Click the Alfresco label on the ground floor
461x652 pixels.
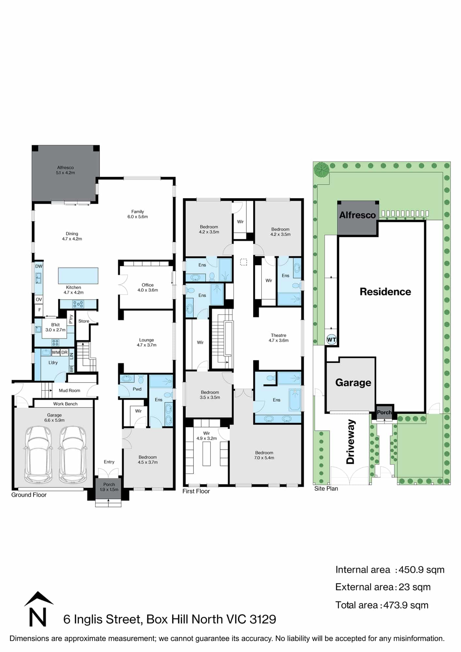(x=65, y=168)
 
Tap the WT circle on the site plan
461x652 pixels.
(x=331, y=340)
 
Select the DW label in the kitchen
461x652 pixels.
(x=39, y=266)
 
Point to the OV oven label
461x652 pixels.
(x=39, y=300)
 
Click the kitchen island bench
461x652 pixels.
(x=78, y=276)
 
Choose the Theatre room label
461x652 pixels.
(x=279, y=335)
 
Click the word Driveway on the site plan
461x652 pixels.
(x=350, y=442)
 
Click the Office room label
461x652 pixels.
(x=147, y=285)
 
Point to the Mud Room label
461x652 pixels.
(x=69, y=391)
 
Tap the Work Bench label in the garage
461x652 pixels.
(x=65, y=404)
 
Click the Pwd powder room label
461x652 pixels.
(x=137, y=389)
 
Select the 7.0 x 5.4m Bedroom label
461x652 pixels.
(x=264, y=455)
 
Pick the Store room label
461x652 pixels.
(x=84, y=321)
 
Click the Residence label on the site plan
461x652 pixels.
(x=385, y=292)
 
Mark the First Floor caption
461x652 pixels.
(x=196, y=491)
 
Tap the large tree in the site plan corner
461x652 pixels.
(x=322, y=170)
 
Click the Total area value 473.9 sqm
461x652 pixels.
(x=406, y=605)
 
